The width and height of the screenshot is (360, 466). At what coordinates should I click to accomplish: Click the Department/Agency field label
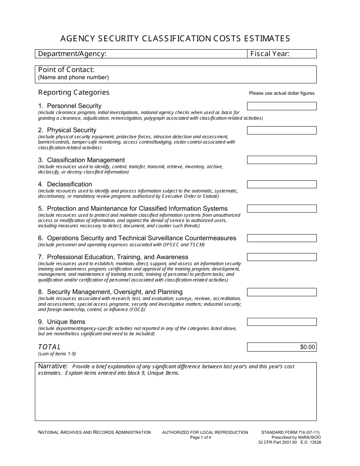pyautogui.click(x=72, y=54)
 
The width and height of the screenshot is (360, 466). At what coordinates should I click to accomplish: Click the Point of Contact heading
pyautogui.click(x=66, y=70)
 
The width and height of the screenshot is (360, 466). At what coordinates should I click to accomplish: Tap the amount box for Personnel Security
pyautogui.click(x=282, y=106)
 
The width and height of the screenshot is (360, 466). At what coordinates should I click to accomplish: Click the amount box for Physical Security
pyautogui.click(x=282, y=130)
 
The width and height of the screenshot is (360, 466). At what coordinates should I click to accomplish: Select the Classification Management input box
pyautogui.click(x=282, y=160)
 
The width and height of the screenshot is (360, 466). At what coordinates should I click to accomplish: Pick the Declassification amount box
pyautogui.click(x=282, y=184)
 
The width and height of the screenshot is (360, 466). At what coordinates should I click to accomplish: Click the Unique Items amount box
pyautogui.click(x=282, y=322)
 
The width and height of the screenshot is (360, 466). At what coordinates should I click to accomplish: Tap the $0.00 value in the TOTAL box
pyautogui.click(x=307, y=347)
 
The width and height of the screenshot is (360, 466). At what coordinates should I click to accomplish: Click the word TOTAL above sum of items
pyautogui.click(x=49, y=347)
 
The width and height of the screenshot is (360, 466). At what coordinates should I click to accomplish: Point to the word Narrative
pyautogui.click(x=53, y=366)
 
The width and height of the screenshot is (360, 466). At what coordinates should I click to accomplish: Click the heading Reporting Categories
pyautogui.click(x=74, y=92)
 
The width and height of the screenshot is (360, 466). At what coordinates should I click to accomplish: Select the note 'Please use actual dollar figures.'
pyautogui.click(x=282, y=93)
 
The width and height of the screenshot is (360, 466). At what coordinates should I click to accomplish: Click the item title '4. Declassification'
pyautogui.click(x=65, y=185)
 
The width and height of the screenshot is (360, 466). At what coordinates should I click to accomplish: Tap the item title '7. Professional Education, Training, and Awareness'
pyautogui.click(x=113, y=257)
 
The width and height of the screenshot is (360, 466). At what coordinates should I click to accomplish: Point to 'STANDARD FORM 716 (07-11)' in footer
pyautogui.click(x=288, y=432)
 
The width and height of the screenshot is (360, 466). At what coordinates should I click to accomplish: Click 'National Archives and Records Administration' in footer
pyautogui.click(x=94, y=432)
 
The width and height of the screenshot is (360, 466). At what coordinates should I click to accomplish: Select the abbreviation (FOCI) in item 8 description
pyautogui.click(x=136, y=310)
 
